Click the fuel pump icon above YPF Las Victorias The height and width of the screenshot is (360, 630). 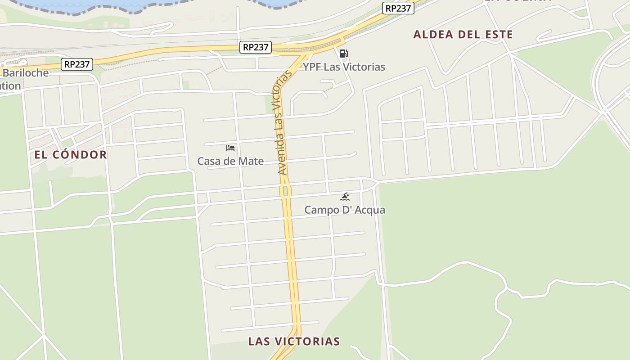[343, 54]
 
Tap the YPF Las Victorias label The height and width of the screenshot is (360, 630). [344, 67]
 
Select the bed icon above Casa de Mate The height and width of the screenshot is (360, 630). [230, 148]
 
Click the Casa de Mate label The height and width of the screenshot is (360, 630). [230, 161]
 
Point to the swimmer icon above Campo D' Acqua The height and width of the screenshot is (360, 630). [345, 196]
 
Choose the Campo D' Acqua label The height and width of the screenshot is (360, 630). [345, 210]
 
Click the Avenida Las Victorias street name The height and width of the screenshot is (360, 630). [282, 122]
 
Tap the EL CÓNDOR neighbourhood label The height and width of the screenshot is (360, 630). [71, 155]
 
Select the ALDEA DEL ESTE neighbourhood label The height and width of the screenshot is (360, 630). [463, 35]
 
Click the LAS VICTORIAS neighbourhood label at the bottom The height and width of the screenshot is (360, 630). [294, 341]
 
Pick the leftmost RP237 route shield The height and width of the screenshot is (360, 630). [77, 64]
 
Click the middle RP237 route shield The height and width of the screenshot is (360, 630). [256, 47]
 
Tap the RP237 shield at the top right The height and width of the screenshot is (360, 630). [398, 8]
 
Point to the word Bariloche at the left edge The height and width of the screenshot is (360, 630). [26, 73]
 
